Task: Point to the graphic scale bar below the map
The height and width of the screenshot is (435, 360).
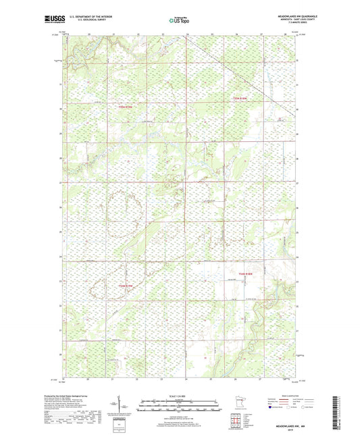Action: click(x=179, y=407)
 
